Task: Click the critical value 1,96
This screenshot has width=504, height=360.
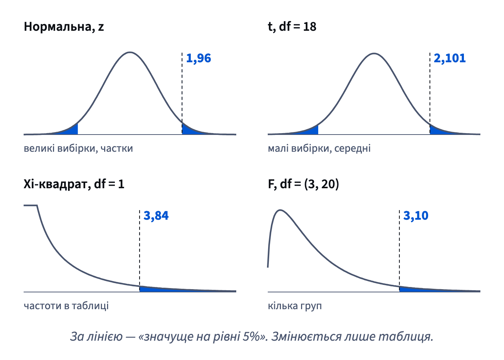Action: click(199, 58)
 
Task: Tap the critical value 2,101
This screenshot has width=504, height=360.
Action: click(450, 58)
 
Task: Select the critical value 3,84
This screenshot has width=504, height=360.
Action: click(156, 215)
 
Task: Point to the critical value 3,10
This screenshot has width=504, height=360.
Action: click(416, 215)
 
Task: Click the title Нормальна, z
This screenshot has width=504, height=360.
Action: click(64, 27)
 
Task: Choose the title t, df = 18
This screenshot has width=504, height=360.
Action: click(292, 27)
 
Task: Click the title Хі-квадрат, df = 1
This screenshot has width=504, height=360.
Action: click(74, 184)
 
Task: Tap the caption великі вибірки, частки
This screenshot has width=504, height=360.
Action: click(78, 149)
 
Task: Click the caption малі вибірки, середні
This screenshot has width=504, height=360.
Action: click(319, 149)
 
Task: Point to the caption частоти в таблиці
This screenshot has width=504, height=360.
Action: click(66, 306)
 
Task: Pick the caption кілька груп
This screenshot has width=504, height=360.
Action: click(295, 306)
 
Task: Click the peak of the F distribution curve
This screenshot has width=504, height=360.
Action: click(280, 210)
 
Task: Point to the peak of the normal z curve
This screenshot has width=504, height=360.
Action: click(130, 52)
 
